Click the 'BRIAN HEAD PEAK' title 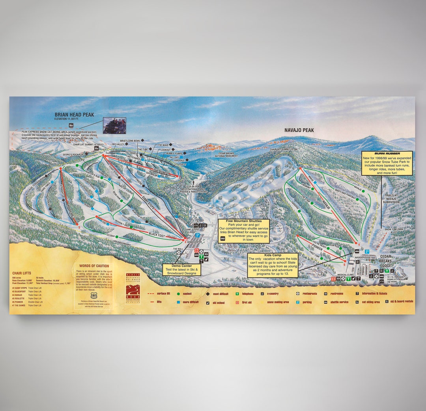(74, 115)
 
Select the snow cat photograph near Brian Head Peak (114, 125)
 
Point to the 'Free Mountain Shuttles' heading (243, 221)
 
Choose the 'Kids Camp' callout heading (272, 255)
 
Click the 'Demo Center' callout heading (181, 266)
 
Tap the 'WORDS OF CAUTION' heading (94, 266)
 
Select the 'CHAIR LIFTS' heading (22, 273)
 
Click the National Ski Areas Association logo (133, 287)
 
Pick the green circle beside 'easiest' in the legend (178, 294)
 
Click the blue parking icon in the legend (298, 302)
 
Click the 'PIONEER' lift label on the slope (318, 249)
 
